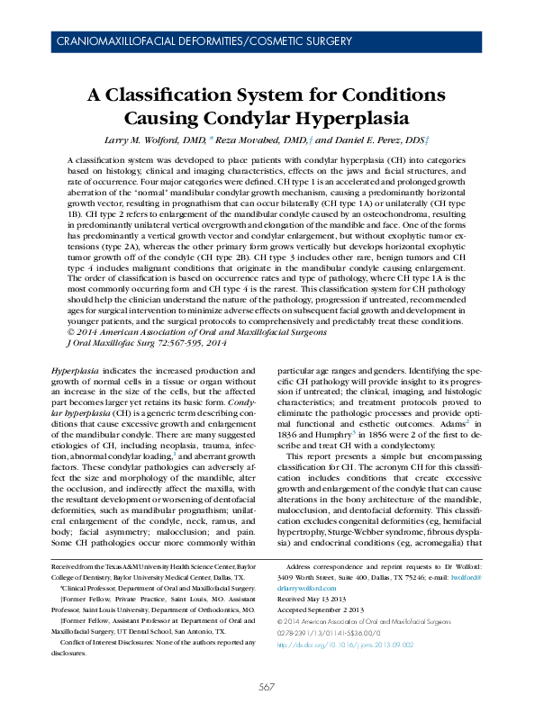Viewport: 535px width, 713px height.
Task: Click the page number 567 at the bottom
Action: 267,687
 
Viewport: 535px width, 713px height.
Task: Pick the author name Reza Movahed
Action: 259,141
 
